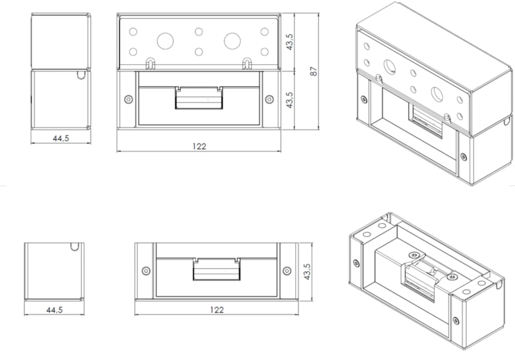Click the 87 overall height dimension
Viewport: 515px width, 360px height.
(x=313, y=71)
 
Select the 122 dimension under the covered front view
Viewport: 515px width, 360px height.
(x=199, y=146)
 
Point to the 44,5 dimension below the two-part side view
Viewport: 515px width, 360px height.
(x=61, y=138)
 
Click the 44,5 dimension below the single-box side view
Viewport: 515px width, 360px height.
(x=54, y=309)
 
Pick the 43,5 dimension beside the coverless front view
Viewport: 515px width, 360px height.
(x=308, y=271)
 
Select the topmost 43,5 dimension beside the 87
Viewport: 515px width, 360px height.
(x=289, y=41)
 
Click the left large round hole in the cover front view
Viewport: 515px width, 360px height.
(x=165, y=41)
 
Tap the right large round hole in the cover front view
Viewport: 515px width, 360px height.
(x=232, y=41)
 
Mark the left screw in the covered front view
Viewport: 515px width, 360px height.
(x=127, y=99)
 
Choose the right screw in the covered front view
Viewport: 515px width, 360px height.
(x=270, y=99)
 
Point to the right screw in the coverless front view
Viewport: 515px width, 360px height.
(x=287, y=271)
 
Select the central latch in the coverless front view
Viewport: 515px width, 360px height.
(x=216, y=270)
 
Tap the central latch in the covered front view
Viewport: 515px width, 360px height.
(x=199, y=98)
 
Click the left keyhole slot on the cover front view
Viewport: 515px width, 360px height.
(x=151, y=63)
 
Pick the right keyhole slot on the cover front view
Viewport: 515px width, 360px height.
(x=247, y=63)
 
